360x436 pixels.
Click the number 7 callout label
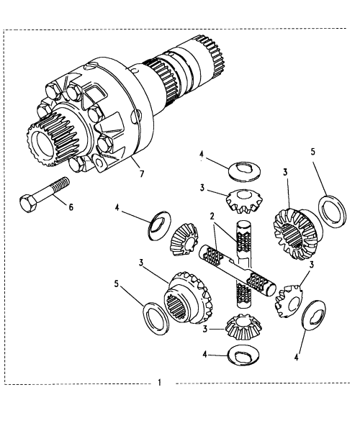point(142,174)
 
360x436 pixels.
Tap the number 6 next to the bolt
point(71,207)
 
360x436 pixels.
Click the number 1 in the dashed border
point(159,382)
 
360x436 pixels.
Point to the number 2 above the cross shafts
point(212,216)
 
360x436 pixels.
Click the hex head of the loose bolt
point(28,204)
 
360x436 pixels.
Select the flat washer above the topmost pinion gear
point(245,171)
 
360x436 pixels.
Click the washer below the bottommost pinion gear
point(243,355)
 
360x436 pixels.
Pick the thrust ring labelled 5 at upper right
point(333,211)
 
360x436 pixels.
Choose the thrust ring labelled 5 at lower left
point(156,318)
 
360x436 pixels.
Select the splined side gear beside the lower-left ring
point(188,298)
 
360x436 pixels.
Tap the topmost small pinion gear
point(243,201)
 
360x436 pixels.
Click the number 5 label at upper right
point(313,152)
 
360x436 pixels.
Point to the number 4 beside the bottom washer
point(205,354)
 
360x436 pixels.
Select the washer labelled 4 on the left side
point(158,225)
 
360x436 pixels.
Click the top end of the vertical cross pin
point(243,222)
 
